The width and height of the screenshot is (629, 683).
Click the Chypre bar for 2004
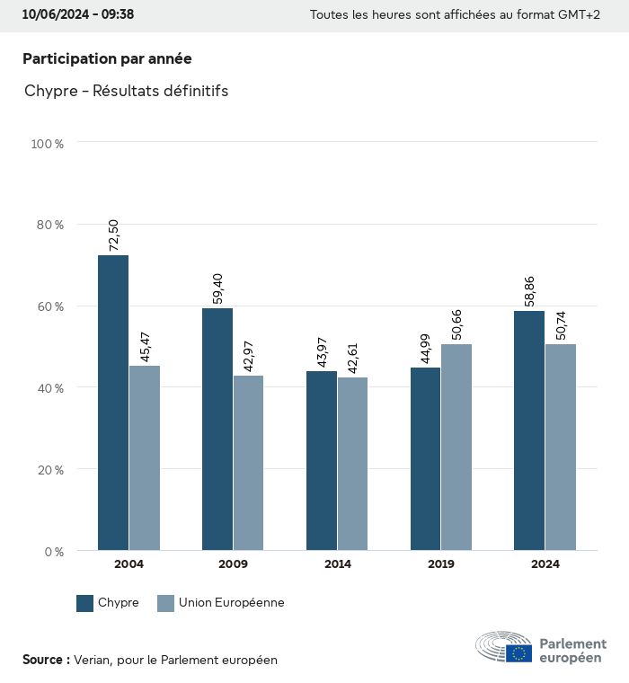pos(113,403)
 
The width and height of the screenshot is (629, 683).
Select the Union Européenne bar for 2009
pos(248,463)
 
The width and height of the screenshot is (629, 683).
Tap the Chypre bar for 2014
pos(322,460)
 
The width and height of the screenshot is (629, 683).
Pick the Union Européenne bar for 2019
pos(456,447)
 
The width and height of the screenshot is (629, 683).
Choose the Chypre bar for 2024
pos(529,430)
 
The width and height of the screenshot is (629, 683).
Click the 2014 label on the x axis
pos(337,564)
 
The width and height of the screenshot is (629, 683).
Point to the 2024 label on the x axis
pos(545,564)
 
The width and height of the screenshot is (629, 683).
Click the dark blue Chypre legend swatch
pos(85,603)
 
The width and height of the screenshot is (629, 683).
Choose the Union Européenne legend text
pos(231,603)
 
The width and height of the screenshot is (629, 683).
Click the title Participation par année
pos(107,58)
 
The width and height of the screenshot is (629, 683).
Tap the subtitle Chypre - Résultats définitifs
pos(127,92)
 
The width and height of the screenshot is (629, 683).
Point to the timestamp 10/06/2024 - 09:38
pos(78,14)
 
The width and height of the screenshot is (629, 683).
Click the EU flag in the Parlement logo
pos(518,653)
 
